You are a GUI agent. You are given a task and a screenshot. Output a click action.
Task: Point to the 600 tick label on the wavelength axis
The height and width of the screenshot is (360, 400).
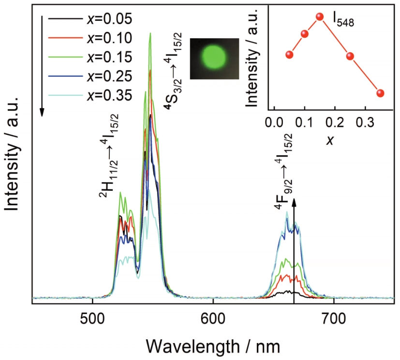click(x=213, y=319)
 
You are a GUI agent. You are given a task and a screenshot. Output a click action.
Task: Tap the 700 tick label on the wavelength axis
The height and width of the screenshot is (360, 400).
click(x=334, y=319)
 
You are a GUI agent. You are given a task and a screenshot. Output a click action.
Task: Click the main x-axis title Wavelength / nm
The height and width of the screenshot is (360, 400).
click(x=213, y=345)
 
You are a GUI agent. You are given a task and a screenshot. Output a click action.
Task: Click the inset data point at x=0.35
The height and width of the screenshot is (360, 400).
click(x=380, y=93)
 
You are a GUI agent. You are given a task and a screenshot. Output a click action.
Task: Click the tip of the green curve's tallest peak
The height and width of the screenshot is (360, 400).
click(x=150, y=33)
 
